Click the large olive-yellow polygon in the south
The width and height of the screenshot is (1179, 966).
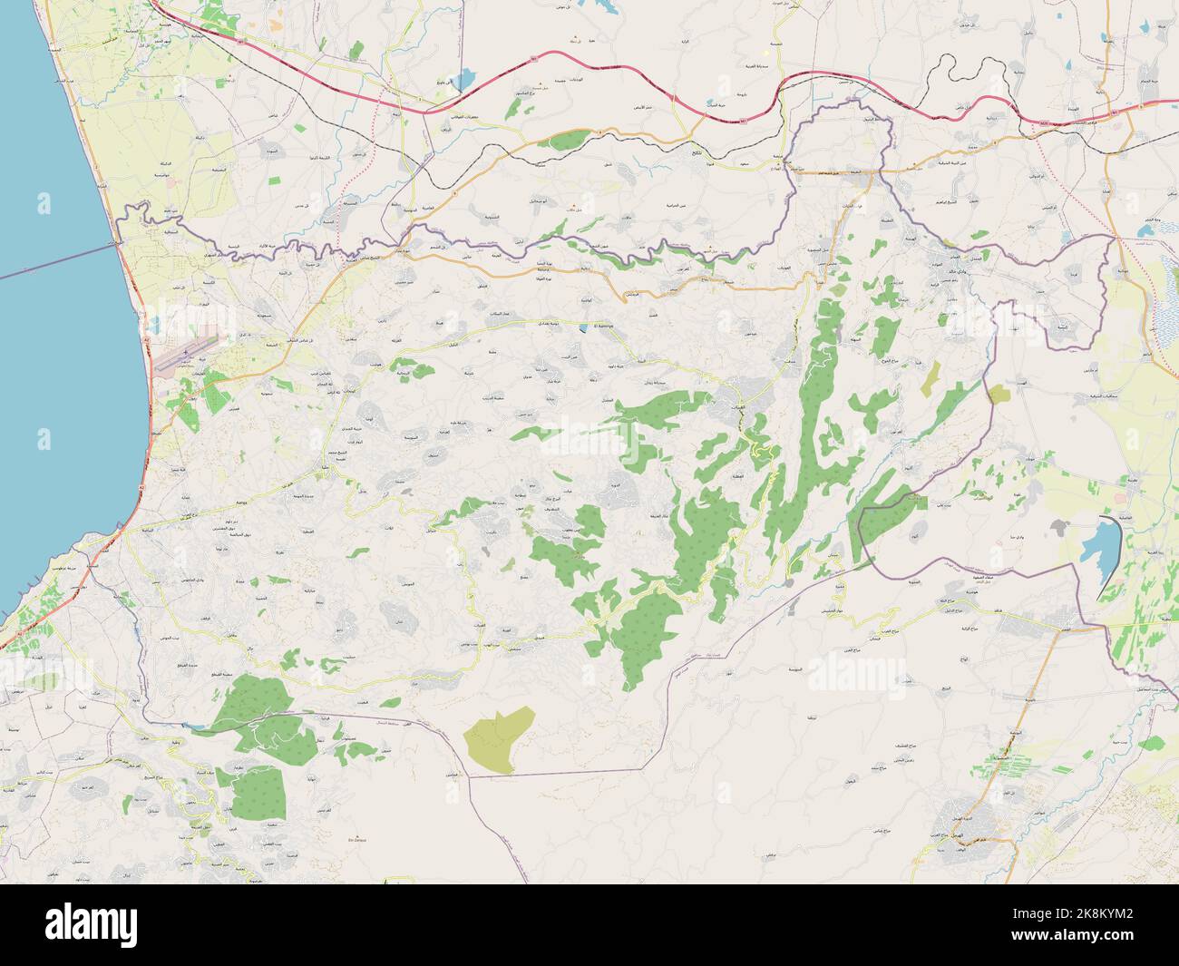pos(497,740)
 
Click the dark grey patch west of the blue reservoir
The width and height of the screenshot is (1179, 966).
pos(1057,525)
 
